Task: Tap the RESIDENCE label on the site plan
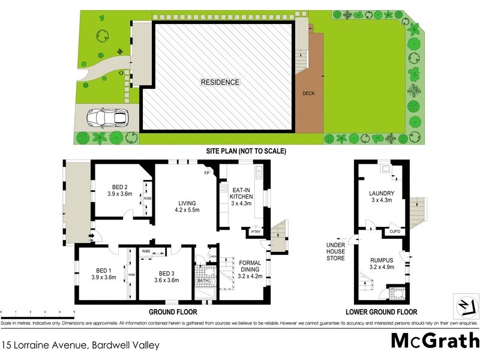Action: coord(220,82)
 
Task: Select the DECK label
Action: coord(308,93)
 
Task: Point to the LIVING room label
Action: coord(186,206)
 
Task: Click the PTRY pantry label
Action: coord(256,232)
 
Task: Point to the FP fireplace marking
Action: coord(207,173)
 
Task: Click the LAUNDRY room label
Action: coord(381,196)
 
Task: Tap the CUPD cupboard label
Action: coord(395,231)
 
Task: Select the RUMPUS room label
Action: coord(381,263)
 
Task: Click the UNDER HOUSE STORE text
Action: coord(336,251)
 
